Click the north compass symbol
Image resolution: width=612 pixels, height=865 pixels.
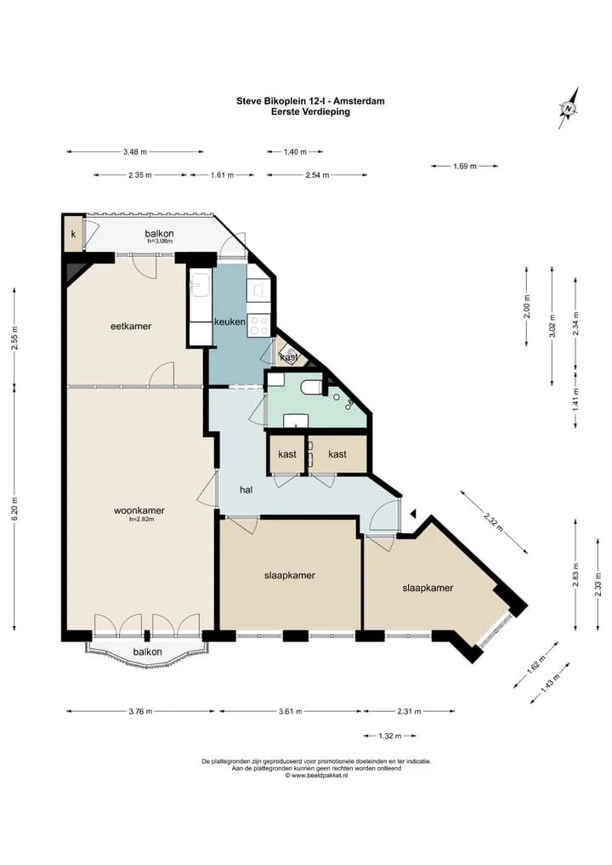pos(569,108)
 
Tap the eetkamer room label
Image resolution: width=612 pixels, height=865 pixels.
pos(131,326)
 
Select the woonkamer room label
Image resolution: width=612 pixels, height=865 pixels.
pos(139,510)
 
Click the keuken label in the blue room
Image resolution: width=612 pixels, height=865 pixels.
pos(229,322)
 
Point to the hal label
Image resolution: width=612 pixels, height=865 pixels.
pos(246,489)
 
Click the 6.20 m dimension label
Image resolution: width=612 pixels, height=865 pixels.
pos(15,509)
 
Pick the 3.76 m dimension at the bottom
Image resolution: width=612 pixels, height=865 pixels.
pos(140,712)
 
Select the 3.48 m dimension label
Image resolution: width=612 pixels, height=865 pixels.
pos(135,151)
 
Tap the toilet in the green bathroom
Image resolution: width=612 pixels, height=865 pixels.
pos(311,388)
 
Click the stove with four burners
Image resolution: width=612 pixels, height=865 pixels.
pos(258,325)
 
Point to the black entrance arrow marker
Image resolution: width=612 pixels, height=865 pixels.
pos(413,514)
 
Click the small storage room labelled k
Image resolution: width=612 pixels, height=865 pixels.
pos(73,235)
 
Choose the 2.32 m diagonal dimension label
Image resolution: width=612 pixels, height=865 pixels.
pos(494,521)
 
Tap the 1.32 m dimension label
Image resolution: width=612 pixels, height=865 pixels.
pos(390,736)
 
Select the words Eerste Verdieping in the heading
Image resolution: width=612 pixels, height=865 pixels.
pos(310,111)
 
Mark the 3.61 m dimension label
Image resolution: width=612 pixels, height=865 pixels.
pos(291,712)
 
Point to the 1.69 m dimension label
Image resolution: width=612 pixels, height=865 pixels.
pos(465,166)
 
